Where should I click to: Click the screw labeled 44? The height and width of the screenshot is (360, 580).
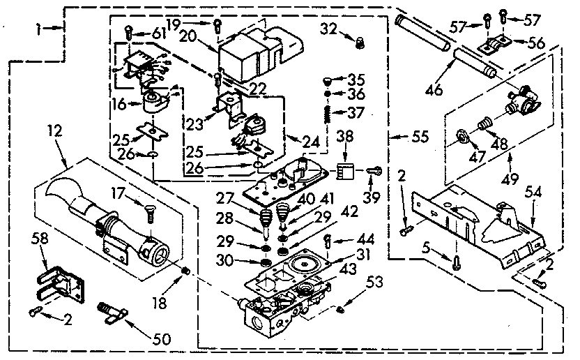(x=327, y=241)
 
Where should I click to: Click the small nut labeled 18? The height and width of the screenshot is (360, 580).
(x=185, y=270)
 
